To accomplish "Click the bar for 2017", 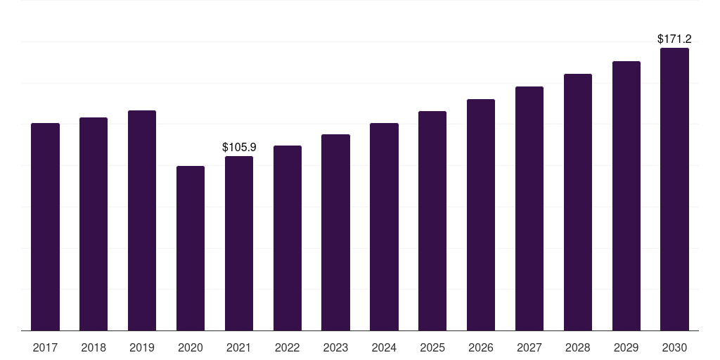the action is pos(45,227).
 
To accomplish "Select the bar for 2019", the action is pos(142,220).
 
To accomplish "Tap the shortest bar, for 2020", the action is pos(191,248).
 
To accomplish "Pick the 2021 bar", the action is pos(239,243).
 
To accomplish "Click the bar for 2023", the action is pos(335,232).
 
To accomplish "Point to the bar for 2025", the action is pos(432,221).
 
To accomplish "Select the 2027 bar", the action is pos(529,208).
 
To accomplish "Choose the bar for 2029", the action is pos(626,196).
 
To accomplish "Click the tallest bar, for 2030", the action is pos(674,189).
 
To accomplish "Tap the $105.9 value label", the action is pos(239,147).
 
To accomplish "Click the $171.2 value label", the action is pos(674,39).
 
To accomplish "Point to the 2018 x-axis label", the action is pos(94,347).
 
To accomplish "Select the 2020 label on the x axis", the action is pos(191,347).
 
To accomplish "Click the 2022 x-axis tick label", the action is pos(288,347).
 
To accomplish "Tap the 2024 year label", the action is pos(384,347).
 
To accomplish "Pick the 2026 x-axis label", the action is pos(481,347).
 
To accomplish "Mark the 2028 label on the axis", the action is pos(578,347).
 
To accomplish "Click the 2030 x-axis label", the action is pos(674,347).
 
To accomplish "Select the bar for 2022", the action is pos(288,238).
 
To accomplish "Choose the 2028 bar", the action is pos(578,202).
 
